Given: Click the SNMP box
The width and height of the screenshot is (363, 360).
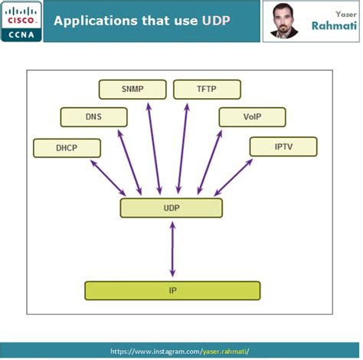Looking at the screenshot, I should click(x=132, y=89).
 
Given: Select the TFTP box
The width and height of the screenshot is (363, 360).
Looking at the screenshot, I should click(x=206, y=89).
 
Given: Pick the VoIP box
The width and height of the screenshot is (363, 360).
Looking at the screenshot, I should click(x=252, y=117).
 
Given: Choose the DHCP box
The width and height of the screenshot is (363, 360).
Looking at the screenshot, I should click(x=67, y=148).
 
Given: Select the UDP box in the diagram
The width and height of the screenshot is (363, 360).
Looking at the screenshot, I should click(x=171, y=208).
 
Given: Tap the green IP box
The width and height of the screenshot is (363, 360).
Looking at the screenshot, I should click(x=172, y=291).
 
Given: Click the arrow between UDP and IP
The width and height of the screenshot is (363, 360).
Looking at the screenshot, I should click(x=172, y=249).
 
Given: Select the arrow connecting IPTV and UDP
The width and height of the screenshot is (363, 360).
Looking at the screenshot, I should click(x=234, y=177).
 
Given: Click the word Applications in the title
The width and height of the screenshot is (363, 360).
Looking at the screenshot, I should click(x=95, y=19).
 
